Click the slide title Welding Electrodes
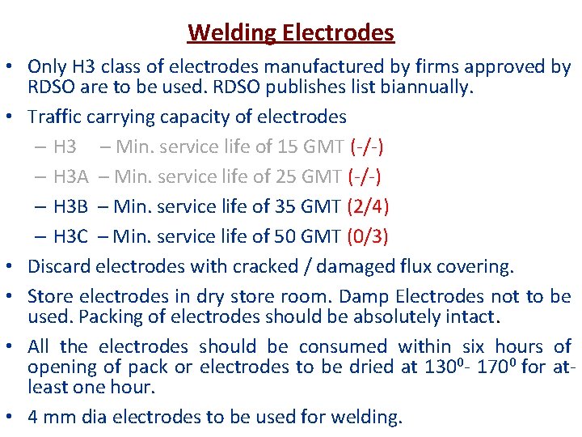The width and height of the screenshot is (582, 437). click(291, 33)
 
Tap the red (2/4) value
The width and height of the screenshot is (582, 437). click(368, 206)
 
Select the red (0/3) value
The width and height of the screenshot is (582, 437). click(368, 236)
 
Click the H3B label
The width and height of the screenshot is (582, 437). click(70, 206)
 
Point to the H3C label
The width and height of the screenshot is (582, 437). click(70, 236)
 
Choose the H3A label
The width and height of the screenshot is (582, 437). click(70, 176)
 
